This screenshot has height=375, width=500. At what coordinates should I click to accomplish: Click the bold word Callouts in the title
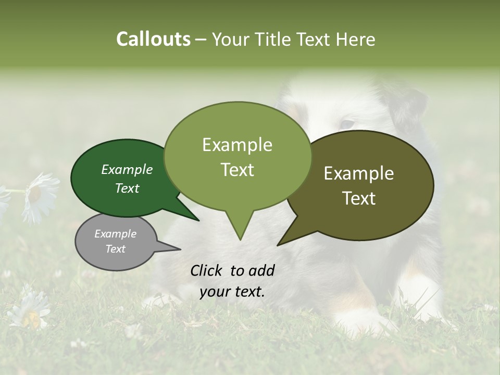[153, 39]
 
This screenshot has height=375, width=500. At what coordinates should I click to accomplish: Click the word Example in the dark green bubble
[127, 169]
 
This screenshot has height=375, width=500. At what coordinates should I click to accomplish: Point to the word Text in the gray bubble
[115, 249]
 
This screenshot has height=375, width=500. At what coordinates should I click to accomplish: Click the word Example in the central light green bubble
[237, 145]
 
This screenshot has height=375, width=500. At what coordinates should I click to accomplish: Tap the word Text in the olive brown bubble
[359, 198]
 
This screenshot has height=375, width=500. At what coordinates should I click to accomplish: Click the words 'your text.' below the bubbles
[232, 292]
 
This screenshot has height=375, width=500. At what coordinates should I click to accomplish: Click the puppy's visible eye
[346, 124]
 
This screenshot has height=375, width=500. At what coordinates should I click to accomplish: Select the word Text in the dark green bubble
[127, 188]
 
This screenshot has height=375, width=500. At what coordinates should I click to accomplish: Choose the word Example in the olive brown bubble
[359, 173]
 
